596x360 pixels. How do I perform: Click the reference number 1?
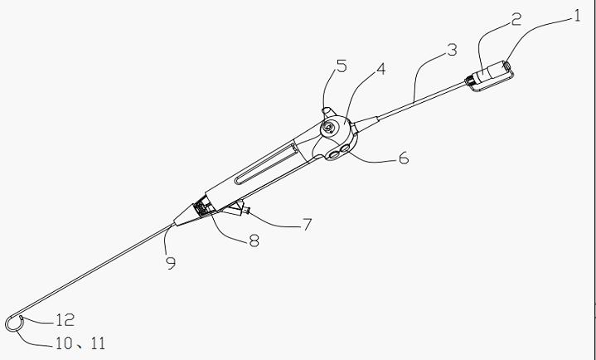tap(577, 16)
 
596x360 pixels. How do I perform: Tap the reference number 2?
tap(516, 19)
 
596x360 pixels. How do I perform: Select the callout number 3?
tap(452, 50)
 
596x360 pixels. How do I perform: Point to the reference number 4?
tap(380, 69)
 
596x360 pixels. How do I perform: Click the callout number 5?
tap(342, 66)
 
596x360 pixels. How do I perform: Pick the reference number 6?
tap(404, 158)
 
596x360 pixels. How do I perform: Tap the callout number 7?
tap(308, 225)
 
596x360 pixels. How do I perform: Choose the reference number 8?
tap(254, 241)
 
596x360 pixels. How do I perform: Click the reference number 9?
tap(171, 263)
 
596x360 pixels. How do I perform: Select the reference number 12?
tap(65, 320)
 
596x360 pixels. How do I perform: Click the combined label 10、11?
tap(80, 343)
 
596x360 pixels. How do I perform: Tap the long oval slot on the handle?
tap(265, 163)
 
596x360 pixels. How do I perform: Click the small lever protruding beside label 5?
tap(328, 112)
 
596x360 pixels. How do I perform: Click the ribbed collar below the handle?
tap(201, 207)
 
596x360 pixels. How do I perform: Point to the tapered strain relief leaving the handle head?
tap(365, 124)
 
